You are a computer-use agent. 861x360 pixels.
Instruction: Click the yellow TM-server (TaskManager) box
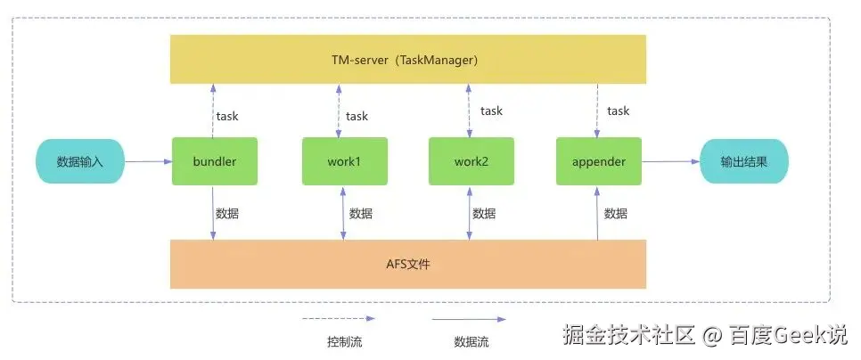(407, 60)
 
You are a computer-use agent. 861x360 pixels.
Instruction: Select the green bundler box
(215, 161)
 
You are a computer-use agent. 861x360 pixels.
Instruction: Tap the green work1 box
(345, 161)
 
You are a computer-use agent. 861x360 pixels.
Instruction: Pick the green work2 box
(471, 161)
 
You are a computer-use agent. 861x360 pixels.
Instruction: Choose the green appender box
(599, 161)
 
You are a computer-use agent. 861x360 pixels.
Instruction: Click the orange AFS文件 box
(407, 264)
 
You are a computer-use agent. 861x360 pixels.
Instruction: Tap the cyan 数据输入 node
(80, 161)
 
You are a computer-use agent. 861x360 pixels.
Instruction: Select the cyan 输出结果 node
(744, 161)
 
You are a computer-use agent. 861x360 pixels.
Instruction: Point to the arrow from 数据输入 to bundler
(148, 161)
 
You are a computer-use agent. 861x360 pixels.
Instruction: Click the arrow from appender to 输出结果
(670, 161)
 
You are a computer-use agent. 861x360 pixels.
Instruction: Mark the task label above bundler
(227, 117)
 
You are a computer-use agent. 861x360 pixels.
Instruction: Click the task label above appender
(619, 110)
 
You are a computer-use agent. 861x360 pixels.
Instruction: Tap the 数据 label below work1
(361, 214)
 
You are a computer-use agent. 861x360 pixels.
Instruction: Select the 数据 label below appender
(616, 214)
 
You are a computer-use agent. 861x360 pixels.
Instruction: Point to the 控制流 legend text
(344, 342)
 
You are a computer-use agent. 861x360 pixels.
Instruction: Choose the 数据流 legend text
(471, 342)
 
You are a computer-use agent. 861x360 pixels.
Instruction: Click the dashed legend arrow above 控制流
(339, 318)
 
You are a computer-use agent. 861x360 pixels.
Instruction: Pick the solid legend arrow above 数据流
(469, 318)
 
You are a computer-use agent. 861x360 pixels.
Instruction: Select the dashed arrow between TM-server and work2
(469, 110)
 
